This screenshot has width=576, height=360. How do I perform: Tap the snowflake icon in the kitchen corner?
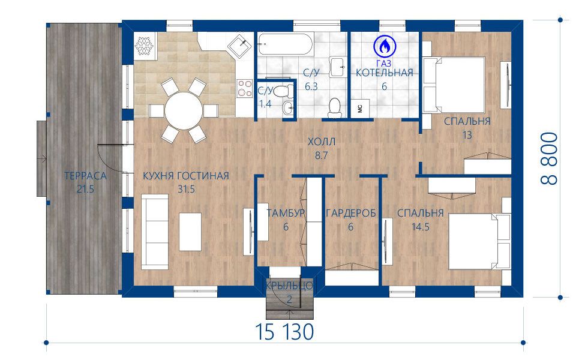click(x=144, y=46)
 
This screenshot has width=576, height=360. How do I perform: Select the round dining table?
click(x=184, y=110)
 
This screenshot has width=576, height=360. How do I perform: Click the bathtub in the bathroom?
click(x=285, y=44)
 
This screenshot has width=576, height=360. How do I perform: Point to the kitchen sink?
click(x=240, y=46)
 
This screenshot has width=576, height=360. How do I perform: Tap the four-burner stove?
click(x=245, y=88)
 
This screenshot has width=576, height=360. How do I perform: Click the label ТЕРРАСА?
click(x=86, y=176)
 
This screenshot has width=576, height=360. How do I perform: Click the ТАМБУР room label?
click(x=286, y=213)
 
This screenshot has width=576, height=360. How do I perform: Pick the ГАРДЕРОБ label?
click(x=351, y=213)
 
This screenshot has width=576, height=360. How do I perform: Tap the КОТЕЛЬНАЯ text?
click(x=384, y=73)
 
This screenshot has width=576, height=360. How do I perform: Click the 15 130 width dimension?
click(x=284, y=332)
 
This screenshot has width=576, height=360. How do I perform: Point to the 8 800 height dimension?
click(x=550, y=158)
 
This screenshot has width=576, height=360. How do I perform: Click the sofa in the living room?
click(x=154, y=232)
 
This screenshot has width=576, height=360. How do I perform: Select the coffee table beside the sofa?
click(x=190, y=232)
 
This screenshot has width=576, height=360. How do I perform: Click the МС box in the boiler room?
click(x=360, y=109)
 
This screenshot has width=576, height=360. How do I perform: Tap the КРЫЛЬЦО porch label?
click(x=289, y=286)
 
